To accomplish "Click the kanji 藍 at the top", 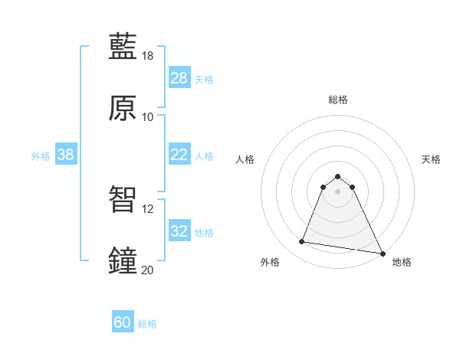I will tap(123, 47).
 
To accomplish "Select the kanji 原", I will tap(123, 108).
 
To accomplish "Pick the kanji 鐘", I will tap(123, 260).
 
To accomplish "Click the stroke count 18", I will tap(148, 56).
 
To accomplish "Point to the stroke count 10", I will tap(148, 116).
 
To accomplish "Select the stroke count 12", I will tap(148, 208).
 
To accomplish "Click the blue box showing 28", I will tap(179, 78).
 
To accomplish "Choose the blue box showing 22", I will tap(179, 155).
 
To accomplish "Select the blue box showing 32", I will tap(179, 231).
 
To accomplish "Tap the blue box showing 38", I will tap(66, 155).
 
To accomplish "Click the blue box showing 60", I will tap(123, 323).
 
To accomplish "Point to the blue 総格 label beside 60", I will tap(148, 324).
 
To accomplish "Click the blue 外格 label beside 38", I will tap(41, 155).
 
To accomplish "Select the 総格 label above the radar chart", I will tap(338, 100).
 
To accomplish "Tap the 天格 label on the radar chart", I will tap(431, 159).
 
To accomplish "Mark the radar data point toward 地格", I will tap(382, 253).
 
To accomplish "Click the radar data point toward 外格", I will tap(302, 242).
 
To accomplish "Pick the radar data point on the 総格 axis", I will tap(338, 175).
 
